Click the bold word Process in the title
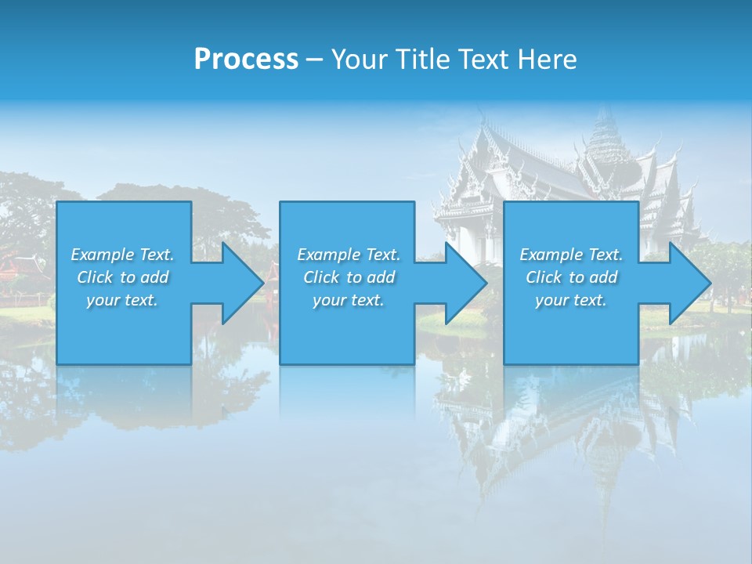(x=246, y=60)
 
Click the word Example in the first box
(x=103, y=255)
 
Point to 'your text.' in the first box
(x=122, y=300)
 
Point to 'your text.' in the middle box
(x=349, y=300)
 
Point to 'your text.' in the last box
(x=571, y=300)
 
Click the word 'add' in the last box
(x=603, y=277)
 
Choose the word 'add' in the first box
(x=154, y=277)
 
